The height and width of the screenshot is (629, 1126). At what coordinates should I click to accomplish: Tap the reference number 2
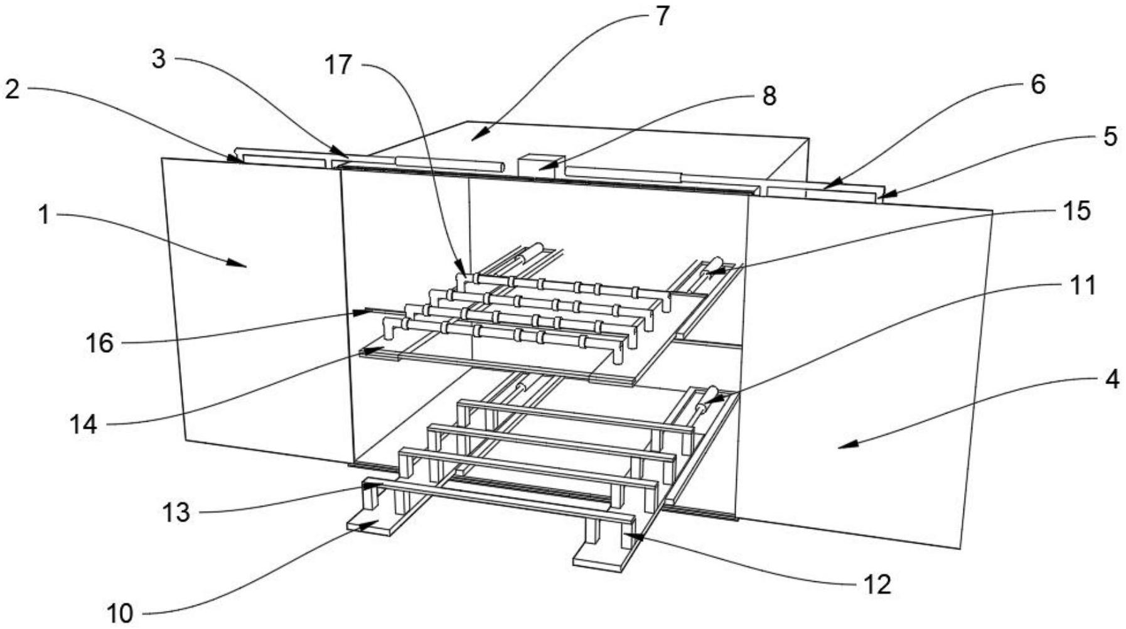coord(12,90)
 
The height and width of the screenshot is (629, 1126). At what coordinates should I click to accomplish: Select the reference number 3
coord(159,60)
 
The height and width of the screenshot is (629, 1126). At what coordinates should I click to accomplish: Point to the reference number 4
coord(1111,379)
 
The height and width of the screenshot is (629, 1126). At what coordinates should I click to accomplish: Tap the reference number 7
coord(662,16)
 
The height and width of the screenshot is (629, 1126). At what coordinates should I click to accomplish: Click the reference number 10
coord(119,613)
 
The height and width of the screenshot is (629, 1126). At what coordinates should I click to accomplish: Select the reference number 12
coord(876,584)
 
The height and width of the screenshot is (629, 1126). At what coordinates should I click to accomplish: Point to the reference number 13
coord(176,512)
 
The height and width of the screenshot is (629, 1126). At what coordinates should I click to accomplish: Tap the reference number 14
coord(83,424)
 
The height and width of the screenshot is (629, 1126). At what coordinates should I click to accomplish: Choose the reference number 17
coord(339,65)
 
